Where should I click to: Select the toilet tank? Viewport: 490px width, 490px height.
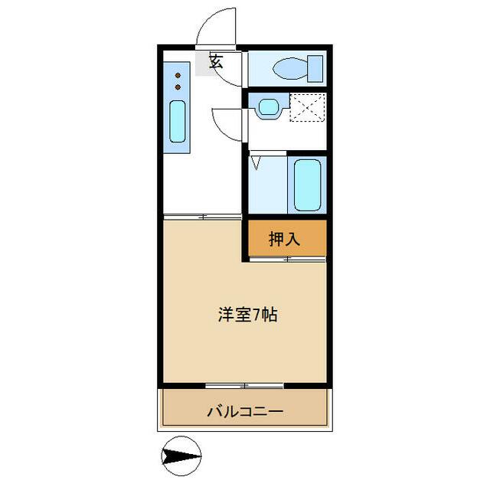pos(315,68)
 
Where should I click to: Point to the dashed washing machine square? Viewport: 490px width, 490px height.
pos(307,106)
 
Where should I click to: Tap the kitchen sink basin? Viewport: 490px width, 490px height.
pos(177,121)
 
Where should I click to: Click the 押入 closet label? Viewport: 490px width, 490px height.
pos(284,239)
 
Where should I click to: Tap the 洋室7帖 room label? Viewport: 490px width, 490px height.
pos(245,314)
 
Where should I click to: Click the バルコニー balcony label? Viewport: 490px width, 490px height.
pos(245,412)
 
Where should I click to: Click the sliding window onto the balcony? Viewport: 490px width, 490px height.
pos(245,383)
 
